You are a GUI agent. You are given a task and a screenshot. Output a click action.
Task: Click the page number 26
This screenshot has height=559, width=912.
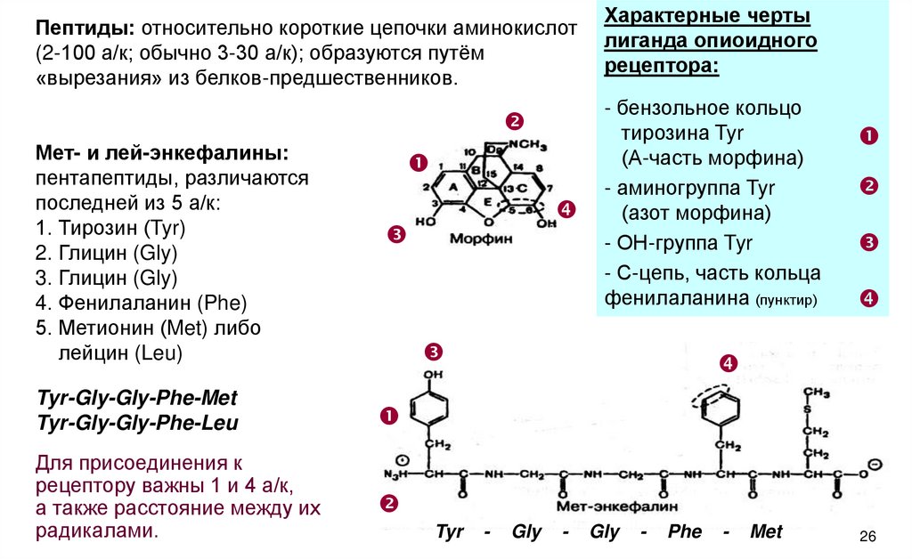(868, 536)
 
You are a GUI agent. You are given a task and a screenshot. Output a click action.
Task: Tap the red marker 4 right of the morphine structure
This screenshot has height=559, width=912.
(567, 210)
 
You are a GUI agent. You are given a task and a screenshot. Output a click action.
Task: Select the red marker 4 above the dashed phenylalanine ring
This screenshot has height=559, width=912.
(729, 363)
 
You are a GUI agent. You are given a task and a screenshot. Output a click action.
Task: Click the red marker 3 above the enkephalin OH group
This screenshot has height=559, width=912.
(434, 350)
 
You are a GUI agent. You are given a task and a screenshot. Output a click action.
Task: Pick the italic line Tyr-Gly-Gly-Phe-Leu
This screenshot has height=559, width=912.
(137, 422)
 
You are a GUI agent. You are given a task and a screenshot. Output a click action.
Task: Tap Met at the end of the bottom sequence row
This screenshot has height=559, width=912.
(765, 532)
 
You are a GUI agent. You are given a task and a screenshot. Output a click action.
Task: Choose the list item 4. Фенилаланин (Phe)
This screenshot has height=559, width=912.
(142, 303)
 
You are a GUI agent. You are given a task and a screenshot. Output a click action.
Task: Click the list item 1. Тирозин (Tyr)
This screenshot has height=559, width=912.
(110, 228)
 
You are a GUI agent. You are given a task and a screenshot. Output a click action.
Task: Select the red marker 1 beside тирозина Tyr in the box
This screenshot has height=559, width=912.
(869, 136)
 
